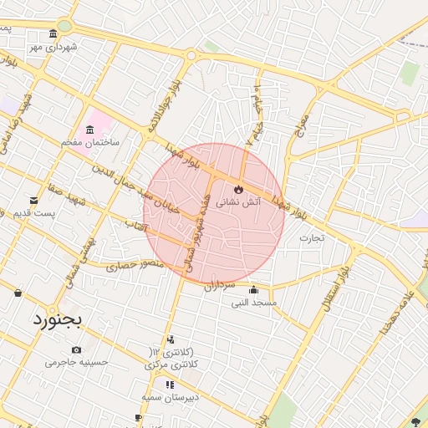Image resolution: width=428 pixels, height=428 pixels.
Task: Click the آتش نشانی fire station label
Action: coord(239,201)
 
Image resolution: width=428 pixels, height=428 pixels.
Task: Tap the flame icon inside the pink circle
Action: coord(239,188)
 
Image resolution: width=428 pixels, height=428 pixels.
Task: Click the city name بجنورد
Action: coord(59,319)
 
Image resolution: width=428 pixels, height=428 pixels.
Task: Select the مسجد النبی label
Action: coord(255,302)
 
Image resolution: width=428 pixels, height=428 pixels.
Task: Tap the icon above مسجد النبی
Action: coord(254,290)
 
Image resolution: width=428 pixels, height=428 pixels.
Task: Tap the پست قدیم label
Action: coord(33,214)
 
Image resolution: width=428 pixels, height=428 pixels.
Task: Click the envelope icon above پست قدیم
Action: coord(33,201)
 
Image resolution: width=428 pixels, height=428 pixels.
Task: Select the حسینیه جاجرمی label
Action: coord(77,363)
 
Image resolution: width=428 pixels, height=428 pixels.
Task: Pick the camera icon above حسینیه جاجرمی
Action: coord(77,349)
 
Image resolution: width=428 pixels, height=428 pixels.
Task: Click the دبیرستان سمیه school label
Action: coord(170,398)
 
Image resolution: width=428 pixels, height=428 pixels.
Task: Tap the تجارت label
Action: coord(312,238)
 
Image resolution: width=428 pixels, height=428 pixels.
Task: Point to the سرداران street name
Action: coord(222,285)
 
